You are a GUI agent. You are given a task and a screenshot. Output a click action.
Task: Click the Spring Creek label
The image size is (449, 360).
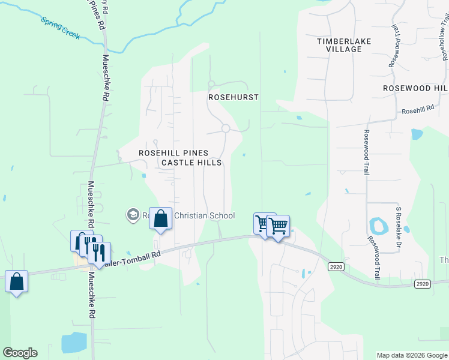coord(61,28)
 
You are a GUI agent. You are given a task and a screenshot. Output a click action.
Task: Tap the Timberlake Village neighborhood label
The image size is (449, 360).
coord(344,45)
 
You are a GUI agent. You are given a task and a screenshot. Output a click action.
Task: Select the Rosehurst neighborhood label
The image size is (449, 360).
coord(233,97)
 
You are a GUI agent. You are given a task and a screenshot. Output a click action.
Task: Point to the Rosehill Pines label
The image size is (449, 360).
coord(173,153)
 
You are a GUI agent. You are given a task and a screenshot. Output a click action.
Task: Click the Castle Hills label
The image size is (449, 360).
coord(191,163)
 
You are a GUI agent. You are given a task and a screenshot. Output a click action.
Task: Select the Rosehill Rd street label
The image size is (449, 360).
coord(418,110)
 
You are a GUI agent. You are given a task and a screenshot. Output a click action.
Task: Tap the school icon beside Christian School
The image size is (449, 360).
coord(133,215)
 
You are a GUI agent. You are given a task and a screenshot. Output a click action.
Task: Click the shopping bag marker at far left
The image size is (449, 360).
coord(17,281)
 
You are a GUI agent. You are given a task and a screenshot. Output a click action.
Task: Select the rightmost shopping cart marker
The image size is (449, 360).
coord(279,226)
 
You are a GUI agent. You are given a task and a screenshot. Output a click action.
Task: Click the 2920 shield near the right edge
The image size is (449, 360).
coord(423,283)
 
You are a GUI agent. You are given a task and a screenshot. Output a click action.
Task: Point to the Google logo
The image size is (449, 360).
coord(20,353)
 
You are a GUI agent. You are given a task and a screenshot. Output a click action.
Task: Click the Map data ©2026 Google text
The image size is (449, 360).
coord(411,355)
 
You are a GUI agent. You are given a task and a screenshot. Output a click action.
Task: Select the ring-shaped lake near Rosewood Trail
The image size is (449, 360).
coord(378,226)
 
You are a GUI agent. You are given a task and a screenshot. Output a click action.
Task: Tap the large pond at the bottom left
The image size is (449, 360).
coord(73,343)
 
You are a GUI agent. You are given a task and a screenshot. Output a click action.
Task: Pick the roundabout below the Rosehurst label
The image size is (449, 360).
coord(226,128)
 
